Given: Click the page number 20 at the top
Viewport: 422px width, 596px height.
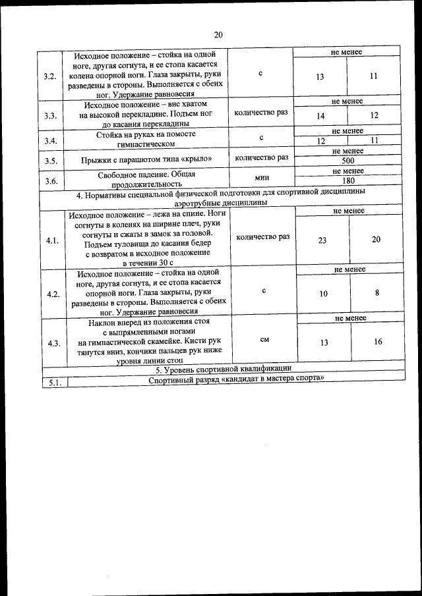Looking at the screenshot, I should click(x=218, y=35).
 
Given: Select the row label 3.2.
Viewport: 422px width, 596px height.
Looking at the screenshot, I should click(x=49, y=76).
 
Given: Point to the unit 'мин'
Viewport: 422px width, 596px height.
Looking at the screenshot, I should click(x=261, y=177).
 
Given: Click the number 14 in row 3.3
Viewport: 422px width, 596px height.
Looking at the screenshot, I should click(x=321, y=115).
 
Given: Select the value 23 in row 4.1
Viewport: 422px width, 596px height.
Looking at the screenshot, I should click(x=322, y=240).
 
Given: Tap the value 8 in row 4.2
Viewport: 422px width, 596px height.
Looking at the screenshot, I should click(x=377, y=292).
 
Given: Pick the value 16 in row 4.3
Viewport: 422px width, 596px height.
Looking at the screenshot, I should click(x=378, y=341).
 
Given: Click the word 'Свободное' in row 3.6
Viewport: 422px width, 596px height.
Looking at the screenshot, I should click(x=117, y=175).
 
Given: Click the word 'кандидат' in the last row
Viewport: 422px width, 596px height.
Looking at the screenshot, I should click(x=235, y=380).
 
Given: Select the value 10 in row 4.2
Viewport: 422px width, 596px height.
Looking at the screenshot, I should click(x=323, y=294).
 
